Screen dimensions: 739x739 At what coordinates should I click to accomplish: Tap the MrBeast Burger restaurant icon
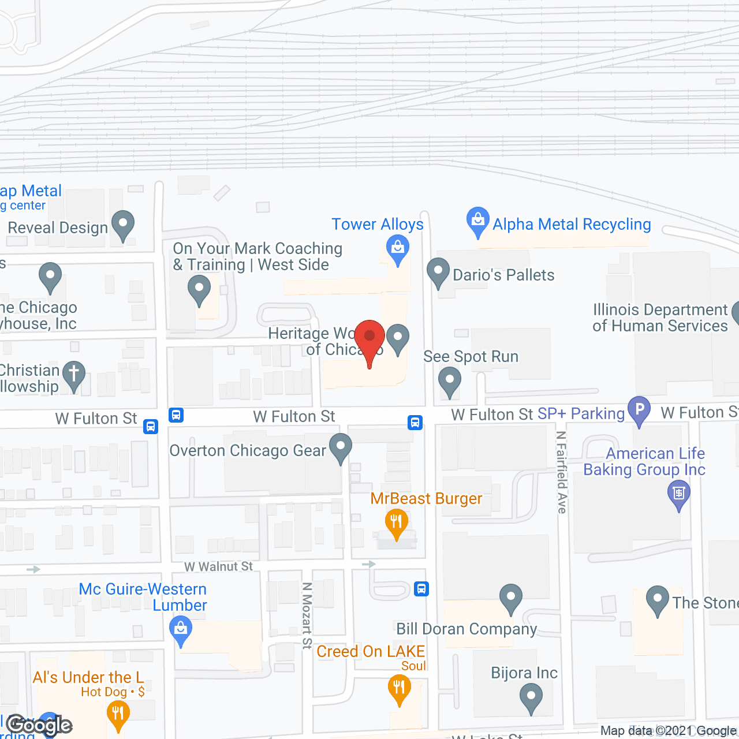click(397, 522)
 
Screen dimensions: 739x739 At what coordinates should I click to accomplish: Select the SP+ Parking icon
click(639, 410)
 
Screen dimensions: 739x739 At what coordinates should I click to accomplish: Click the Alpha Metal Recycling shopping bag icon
click(477, 221)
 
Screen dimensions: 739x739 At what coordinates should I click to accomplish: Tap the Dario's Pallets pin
click(438, 272)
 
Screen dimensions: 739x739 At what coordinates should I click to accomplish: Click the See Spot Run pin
click(450, 382)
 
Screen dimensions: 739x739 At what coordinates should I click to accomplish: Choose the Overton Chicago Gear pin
click(341, 447)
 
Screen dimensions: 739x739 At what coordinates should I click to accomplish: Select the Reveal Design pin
click(123, 225)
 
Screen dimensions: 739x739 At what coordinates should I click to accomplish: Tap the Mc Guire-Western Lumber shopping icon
click(181, 630)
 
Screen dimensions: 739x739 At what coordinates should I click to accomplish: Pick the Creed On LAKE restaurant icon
click(399, 689)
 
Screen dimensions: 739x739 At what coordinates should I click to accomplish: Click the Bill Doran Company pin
click(511, 598)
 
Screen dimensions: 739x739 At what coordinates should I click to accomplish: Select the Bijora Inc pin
click(531, 697)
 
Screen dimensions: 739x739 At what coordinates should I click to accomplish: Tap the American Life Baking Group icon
click(679, 495)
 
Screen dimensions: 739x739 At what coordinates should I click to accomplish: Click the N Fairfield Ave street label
click(562, 472)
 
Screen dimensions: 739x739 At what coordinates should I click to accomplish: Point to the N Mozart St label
click(307, 615)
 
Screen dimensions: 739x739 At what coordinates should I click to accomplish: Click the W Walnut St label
click(218, 567)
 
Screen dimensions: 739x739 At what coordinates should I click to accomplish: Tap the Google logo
click(39, 725)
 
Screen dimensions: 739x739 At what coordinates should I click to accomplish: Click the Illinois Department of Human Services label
click(660, 318)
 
